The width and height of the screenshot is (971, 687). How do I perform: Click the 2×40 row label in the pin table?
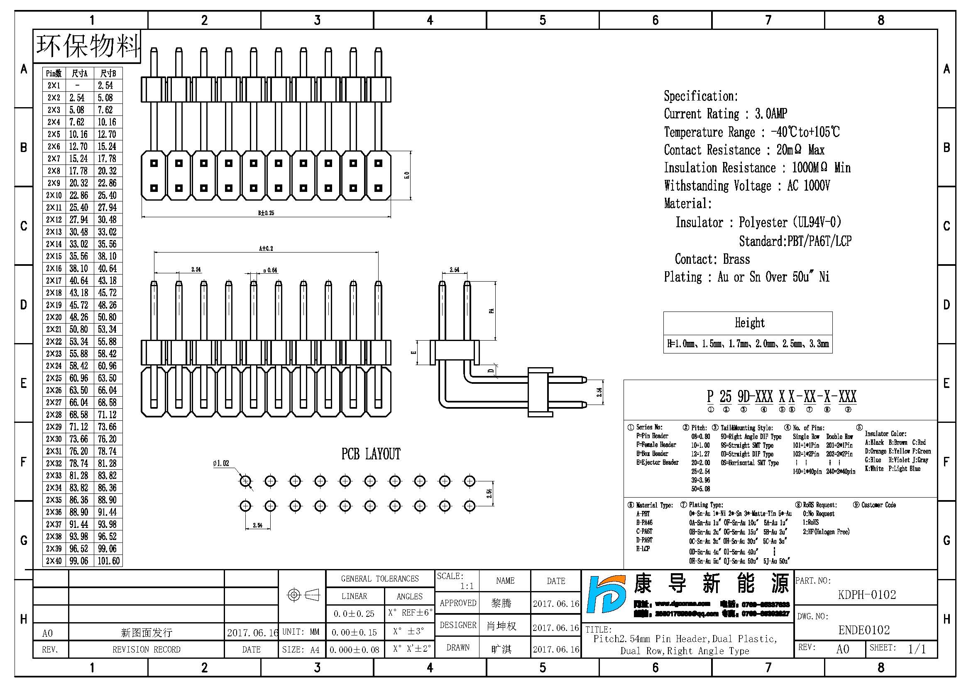click(54, 561)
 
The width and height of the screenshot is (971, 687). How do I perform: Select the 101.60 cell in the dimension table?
click(109, 561)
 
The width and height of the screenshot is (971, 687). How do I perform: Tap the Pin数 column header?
click(54, 73)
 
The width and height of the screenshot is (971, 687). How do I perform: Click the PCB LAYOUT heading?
click(370, 454)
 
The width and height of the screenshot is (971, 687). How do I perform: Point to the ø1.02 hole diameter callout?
click(221, 464)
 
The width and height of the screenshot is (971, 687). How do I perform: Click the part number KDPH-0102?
click(866, 595)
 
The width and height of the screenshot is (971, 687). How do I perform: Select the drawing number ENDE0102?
click(864, 631)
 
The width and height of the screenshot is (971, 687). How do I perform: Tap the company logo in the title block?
click(607, 594)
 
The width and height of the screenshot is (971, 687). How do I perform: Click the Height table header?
click(749, 323)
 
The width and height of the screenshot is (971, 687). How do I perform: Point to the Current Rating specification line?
click(725, 114)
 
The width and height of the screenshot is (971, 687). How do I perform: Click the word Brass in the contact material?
click(736, 259)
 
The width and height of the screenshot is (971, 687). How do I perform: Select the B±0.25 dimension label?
click(266, 213)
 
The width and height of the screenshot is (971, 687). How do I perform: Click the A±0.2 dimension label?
click(266, 248)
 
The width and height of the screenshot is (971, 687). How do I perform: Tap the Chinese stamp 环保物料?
click(88, 46)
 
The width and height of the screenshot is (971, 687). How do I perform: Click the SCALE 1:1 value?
click(467, 586)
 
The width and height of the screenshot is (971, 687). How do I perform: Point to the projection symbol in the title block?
click(303, 595)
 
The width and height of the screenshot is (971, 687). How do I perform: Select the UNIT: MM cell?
click(301, 632)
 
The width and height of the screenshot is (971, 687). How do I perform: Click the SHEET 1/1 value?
click(917, 649)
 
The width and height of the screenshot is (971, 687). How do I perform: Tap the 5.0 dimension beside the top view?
click(407, 175)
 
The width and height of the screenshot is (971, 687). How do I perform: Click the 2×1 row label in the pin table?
click(54, 86)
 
